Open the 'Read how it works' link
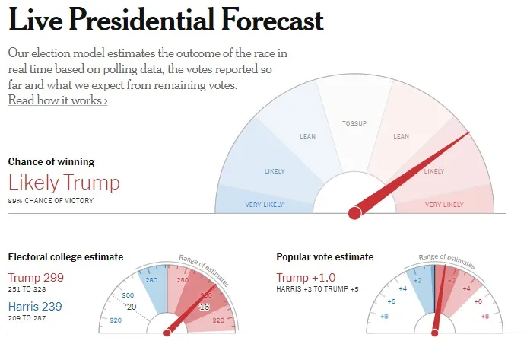(58, 100)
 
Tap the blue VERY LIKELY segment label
(264, 205)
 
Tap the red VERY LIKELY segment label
(444, 205)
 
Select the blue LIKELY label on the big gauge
(275, 170)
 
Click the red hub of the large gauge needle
(354, 213)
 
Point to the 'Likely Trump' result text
(64, 183)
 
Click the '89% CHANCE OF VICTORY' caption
(50, 200)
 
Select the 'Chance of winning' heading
(51, 161)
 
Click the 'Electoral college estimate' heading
(65, 257)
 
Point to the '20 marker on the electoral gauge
(130, 307)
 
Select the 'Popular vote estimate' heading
(328, 257)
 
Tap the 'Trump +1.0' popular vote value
(305, 277)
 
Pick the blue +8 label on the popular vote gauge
(385, 316)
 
